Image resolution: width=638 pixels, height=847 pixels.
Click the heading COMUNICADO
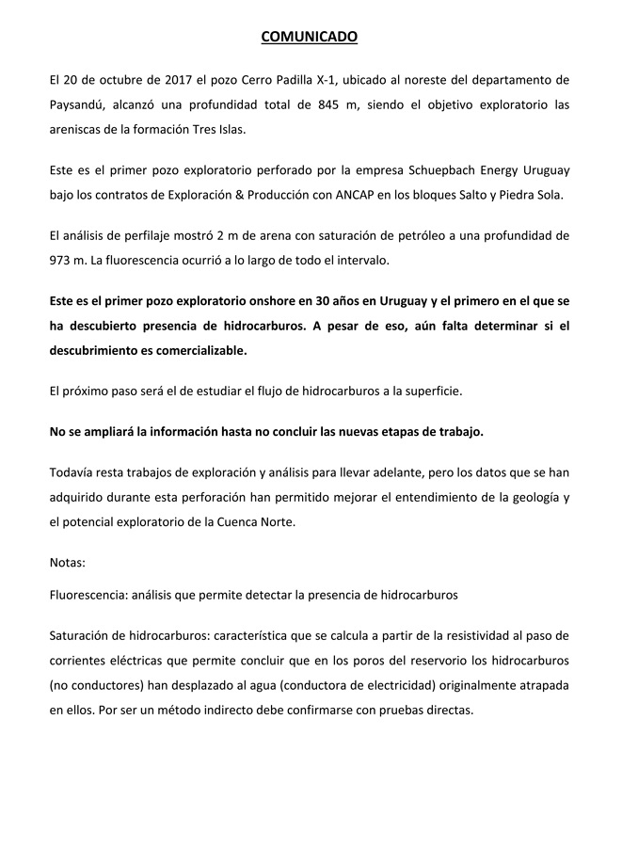point(309,38)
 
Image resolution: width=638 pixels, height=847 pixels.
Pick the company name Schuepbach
point(395,169)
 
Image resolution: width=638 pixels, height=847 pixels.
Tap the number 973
point(62,260)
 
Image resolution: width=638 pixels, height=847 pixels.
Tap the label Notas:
point(67,563)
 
